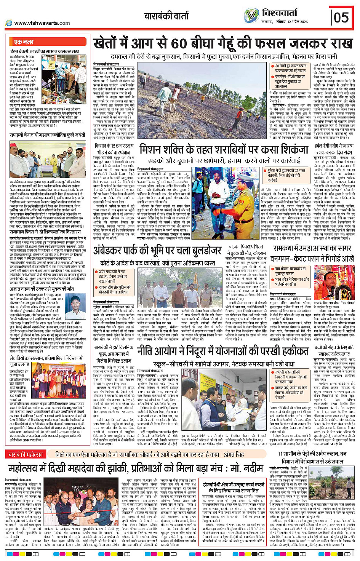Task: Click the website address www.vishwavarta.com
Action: click(x=42, y=23)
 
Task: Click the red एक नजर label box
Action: click(x=24, y=42)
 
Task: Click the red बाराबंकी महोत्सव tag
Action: click(x=26, y=455)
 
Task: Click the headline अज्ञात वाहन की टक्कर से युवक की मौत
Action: click(x=42, y=289)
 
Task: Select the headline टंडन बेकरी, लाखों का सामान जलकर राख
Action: click(x=45, y=51)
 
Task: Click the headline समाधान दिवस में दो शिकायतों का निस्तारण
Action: click(x=45, y=232)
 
